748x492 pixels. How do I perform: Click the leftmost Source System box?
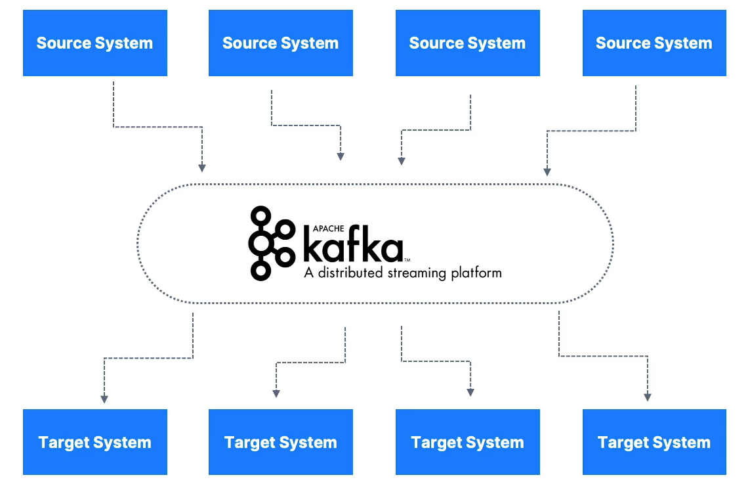click(x=95, y=43)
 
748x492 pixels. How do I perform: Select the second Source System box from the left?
click(x=281, y=43)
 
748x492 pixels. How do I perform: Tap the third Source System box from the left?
click(x=467, y=43)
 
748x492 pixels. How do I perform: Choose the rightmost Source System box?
click(x=654, y=43)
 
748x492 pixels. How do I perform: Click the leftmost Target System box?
click(x=95, y=442)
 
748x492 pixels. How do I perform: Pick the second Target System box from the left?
click(x=281, y=442)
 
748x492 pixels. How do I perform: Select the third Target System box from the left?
click(x=467, y=442)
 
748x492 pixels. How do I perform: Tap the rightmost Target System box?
click(x=654, y=442)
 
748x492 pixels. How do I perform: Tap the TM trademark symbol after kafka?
click(x=407, y=261)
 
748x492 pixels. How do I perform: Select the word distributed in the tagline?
click(x=348, y=273)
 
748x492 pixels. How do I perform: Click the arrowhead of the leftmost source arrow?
click(x=202, y=168)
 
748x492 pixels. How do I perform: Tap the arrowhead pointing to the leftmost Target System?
click(x=104, y=398)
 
